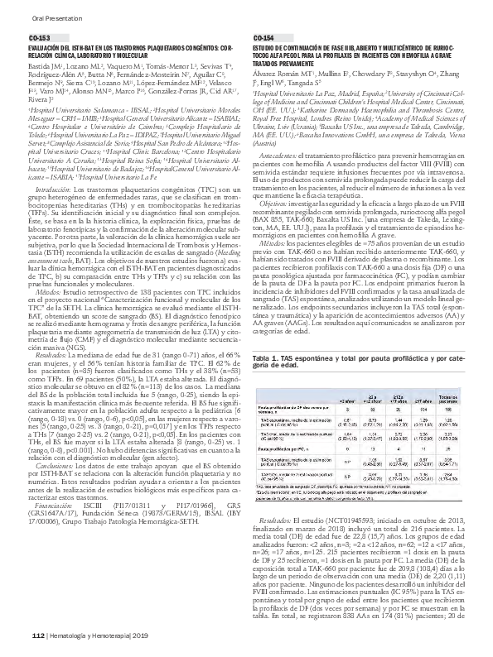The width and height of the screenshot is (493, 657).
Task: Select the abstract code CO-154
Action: pos(263,39)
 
